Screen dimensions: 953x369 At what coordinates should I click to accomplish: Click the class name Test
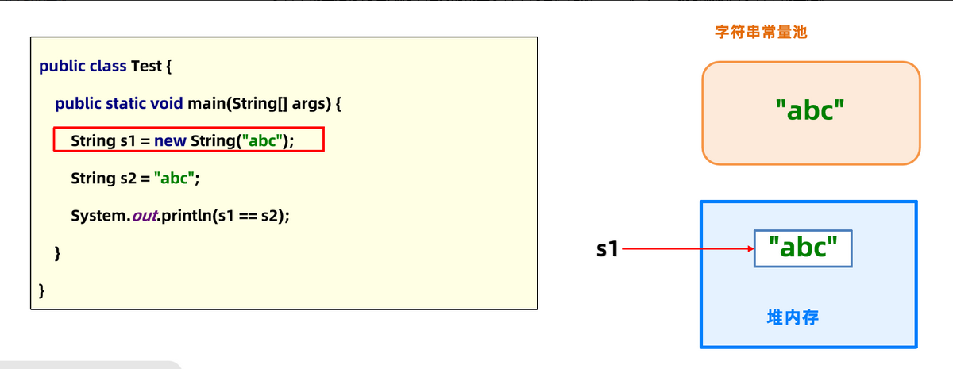[x=146, y=66]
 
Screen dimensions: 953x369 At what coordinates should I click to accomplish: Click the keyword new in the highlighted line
[x=170, y=141]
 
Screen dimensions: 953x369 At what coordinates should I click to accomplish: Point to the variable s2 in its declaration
[x=129, y=179]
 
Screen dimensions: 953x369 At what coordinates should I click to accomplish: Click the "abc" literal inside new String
[x=264, y=141]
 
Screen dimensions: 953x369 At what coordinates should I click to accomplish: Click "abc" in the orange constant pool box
[x=809, y=110]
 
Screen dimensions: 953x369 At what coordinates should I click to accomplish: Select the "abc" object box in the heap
[x=803, y=249]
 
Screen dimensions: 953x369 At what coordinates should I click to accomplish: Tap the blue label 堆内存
[x=793, y=318]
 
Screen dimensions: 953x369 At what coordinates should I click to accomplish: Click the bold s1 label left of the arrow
[x=608, y=249]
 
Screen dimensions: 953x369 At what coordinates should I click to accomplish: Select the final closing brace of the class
[x=42, y=290]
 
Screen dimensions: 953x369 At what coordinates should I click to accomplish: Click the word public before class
[x=60, y=66]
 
